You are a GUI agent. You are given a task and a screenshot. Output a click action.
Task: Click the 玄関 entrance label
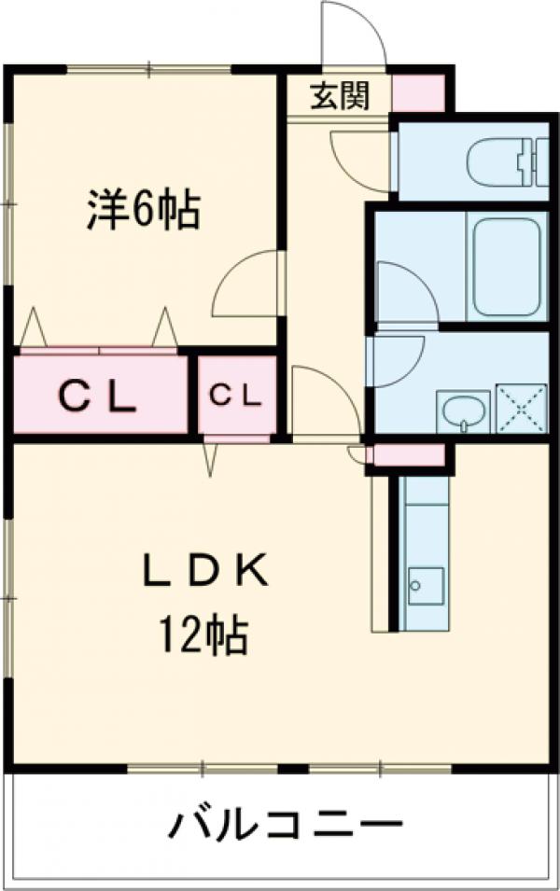tap(338, 94)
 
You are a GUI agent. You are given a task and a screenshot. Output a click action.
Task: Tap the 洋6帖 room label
tap(143, 210)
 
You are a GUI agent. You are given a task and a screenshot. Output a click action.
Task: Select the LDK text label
tap(205, 572)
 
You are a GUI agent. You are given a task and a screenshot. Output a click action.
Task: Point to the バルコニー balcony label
tap(286, 825)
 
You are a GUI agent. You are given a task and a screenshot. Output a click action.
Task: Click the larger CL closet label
tap(99, 397)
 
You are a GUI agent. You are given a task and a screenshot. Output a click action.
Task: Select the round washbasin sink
tap(463, 411)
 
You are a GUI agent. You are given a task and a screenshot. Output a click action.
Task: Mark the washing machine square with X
tap(519, 409)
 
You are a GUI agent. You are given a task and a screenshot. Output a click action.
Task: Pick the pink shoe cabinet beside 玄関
tap(418, 92)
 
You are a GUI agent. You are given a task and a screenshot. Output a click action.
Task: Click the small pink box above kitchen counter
tap(410, 454)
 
